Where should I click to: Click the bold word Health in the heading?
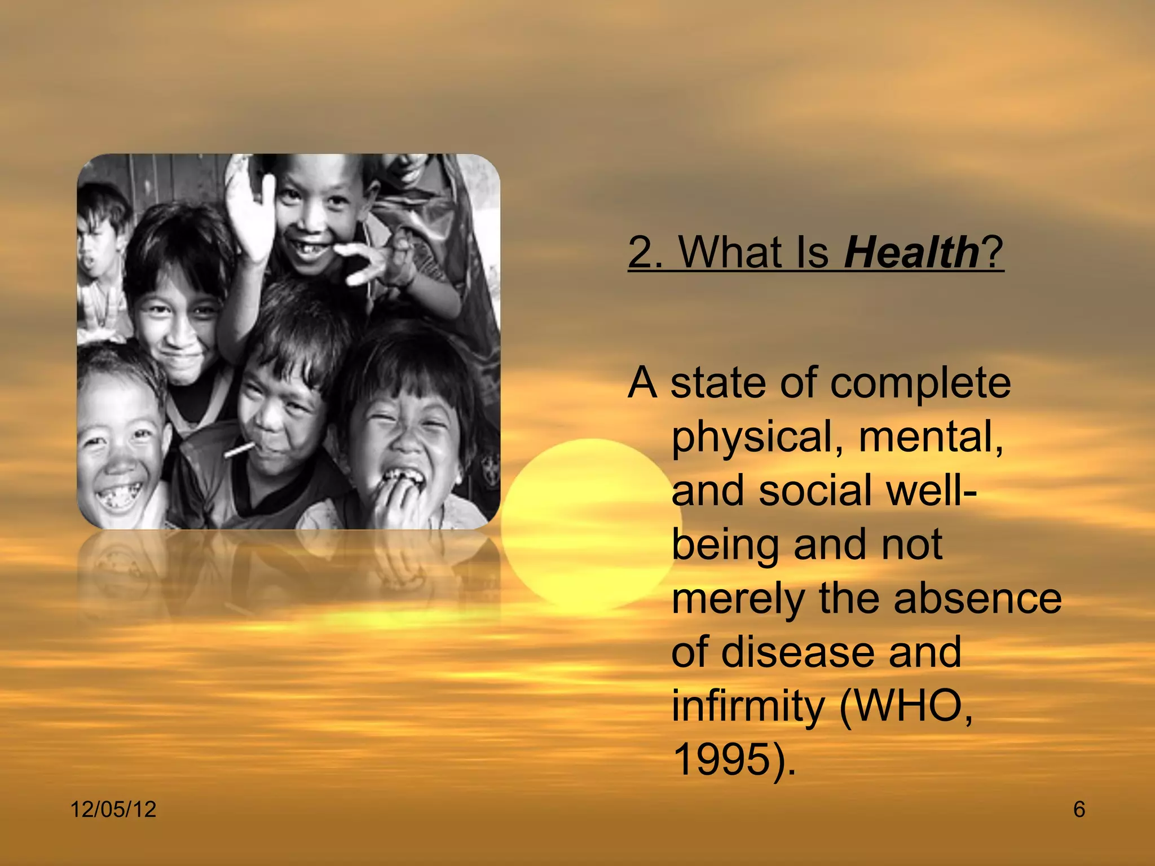pos(911,252)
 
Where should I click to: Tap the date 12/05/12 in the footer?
pos(113,810)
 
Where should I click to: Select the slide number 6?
pos(1079,810)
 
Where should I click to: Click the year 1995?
pos(722,760)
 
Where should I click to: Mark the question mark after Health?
pos(993,252)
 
